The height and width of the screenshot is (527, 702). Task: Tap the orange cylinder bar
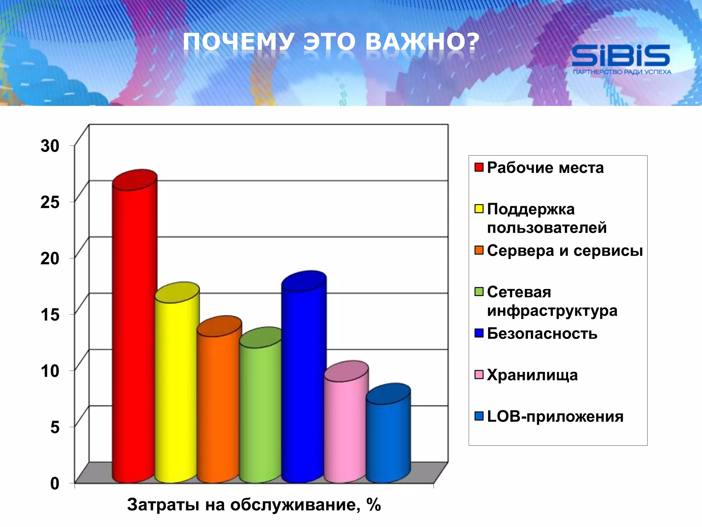tap(219, 405)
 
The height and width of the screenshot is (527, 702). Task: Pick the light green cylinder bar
tap(260, 412)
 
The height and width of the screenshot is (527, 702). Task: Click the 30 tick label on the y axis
tap(50, 146)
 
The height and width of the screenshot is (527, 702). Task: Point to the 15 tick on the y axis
tap(50, 315)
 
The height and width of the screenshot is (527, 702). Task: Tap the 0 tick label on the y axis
tap(55, 483)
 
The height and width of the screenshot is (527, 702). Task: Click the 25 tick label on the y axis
tap(50, 202)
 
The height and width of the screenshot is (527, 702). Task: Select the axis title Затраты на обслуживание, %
tap(254, 505)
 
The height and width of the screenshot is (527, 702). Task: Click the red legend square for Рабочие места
tap(479, 167)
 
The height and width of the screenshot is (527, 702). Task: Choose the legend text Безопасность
tap(542, 333)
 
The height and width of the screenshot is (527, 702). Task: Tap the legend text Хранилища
tap(532, 375)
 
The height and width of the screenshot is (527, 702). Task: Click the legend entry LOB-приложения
tap(555, 417)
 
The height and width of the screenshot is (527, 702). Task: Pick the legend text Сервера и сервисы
tap(565, 250)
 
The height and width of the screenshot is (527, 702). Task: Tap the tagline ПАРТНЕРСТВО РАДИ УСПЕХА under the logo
tap(622, 72)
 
